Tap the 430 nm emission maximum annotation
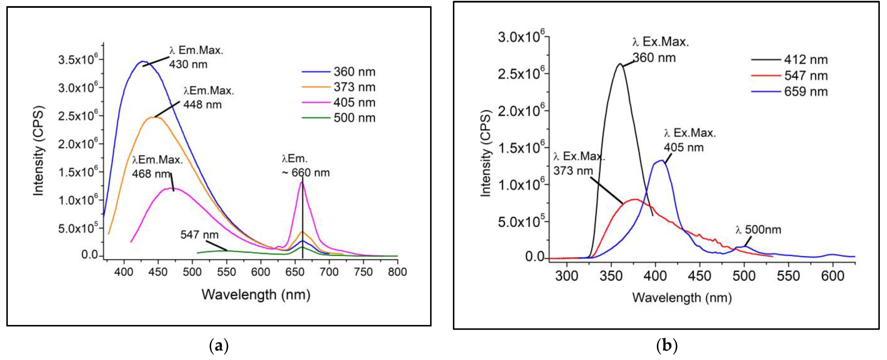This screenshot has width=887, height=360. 196,57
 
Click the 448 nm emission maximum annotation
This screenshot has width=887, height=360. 208,98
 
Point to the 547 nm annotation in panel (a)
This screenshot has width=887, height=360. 199,235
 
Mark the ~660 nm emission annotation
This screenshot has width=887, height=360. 306,166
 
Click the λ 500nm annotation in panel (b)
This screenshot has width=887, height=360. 758,230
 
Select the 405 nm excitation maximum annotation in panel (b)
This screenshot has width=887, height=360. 690,140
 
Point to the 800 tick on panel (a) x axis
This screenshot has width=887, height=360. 397,272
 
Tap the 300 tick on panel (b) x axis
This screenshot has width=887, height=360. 567,276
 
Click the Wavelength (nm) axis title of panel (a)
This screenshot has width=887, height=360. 256,295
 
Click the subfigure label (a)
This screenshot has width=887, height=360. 219,345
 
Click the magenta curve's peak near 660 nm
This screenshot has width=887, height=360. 302,182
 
